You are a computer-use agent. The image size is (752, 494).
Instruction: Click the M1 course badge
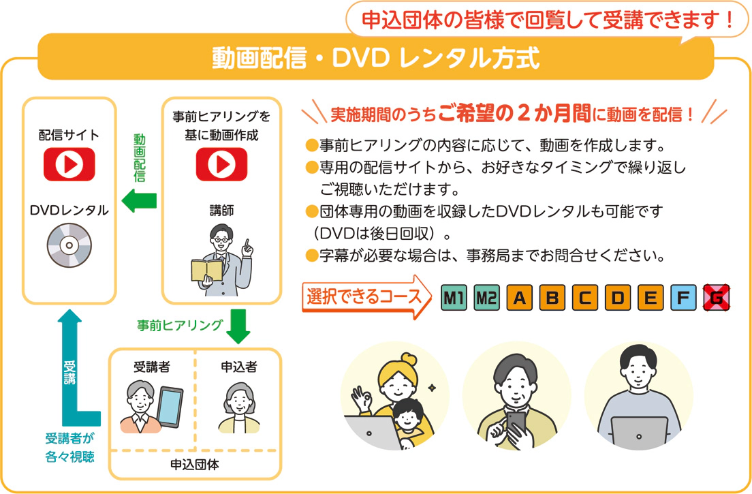tap(454, 297)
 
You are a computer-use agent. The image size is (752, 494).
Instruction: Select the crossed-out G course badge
tap(717, 297)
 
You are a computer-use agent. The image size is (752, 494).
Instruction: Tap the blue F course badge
tap(683, 297)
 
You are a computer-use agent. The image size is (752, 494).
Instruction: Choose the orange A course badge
tap(520, 297)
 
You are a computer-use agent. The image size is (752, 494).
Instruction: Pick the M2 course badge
tap(487, 297)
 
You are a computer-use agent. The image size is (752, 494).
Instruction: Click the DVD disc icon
tap(69, 245)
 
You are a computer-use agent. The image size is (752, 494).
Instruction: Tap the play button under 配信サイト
tap(69, 164)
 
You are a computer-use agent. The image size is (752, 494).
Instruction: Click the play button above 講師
tap(221, 164)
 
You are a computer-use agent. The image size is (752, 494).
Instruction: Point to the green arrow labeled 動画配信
tap(139, 200)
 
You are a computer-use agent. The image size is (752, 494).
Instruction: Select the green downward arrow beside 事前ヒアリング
tap(238, 326)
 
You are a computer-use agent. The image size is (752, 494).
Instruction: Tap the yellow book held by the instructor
tap(206, 271)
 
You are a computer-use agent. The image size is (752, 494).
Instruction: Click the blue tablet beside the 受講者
tap(170, 407)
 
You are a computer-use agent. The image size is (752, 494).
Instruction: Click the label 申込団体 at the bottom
tap(195, 465)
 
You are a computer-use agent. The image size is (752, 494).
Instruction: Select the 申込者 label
tap(239, 367)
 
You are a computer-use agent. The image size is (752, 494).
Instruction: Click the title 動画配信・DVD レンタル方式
tap(376, 58)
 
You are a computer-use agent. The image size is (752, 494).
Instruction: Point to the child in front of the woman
tap(408, 421)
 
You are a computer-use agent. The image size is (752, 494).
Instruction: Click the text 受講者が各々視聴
tap(70, 447)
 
